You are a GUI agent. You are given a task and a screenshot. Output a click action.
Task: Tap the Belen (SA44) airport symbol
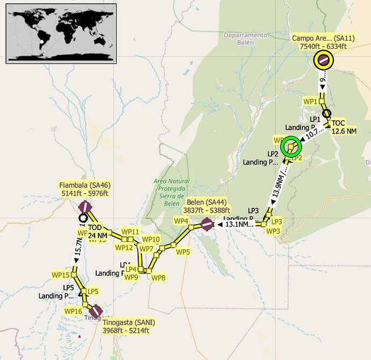tap(207, 225)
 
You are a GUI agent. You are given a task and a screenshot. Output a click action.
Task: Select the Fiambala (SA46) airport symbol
tap(85, 207)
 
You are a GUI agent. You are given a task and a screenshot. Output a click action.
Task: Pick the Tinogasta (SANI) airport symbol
tap(96, 311)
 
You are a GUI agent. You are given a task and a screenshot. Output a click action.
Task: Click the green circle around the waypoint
tap(291, 146)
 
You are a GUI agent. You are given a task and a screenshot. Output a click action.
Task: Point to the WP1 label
tap(310, 101)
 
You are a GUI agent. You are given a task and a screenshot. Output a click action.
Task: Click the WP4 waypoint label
tap(181, 221)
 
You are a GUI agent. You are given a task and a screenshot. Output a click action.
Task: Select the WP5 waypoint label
tap(183, 251)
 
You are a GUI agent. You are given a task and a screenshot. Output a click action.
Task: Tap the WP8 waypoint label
tap(158, 278)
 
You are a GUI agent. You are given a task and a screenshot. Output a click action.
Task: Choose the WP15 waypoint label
tap(61, 275)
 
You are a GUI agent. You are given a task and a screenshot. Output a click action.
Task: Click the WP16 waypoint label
tap(73, 311)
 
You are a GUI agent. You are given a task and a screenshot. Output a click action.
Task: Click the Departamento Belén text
tap(245, 39)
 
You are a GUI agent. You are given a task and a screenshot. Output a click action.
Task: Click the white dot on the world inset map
tap(41, 41)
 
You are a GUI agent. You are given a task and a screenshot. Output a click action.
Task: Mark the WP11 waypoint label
tap(131, 232)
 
